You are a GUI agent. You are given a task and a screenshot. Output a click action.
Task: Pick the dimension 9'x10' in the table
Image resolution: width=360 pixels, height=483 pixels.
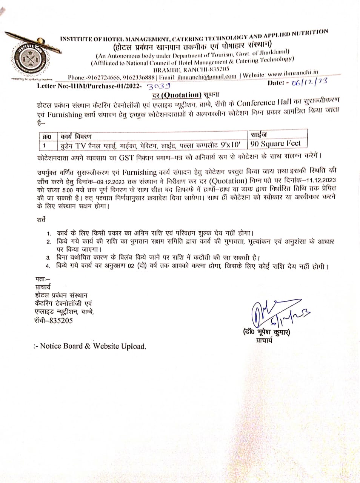(231, 145)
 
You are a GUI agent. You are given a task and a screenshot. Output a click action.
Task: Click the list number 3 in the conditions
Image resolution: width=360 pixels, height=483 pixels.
(48, 258)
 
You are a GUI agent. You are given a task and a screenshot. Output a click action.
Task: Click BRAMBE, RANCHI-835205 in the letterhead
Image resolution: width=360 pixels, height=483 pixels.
(190, 69)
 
